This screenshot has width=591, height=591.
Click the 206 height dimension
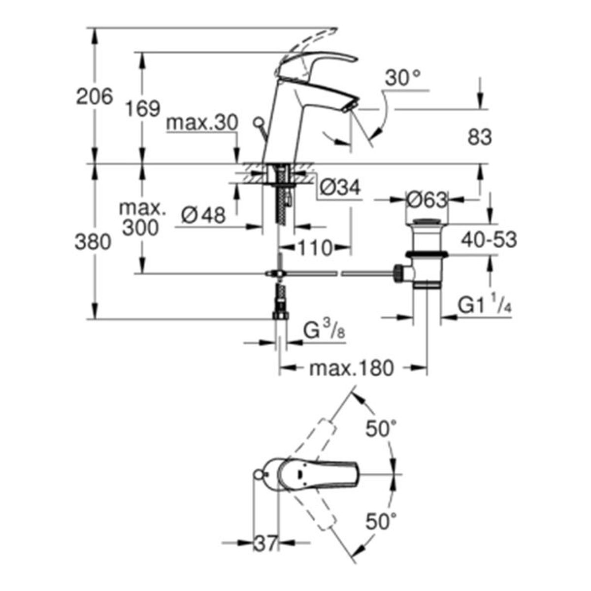tap(95, 96)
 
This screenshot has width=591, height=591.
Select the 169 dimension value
tap(143, 108)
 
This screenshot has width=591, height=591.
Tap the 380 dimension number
tap(93, 242)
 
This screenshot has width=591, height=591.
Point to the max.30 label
tap(202, 123)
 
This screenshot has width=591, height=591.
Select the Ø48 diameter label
tap(203, 215)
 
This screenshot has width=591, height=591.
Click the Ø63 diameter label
tap(426, 200)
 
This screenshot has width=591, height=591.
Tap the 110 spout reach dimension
tap(315, 248)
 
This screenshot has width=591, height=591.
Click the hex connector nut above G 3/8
tap(280, 315)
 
